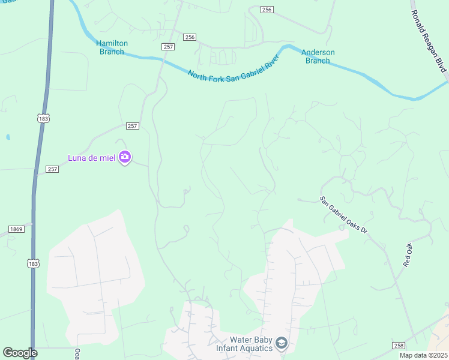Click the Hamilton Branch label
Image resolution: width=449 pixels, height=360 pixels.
coord(110,47)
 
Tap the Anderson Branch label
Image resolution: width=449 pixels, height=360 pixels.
coord(318,56)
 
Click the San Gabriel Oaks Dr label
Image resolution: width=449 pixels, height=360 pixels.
coord(343,215)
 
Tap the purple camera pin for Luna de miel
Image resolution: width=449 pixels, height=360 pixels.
coord(125,157)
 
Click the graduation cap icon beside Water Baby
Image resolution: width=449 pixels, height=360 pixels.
coord(282,344)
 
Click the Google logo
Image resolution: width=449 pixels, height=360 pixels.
coord(20,353)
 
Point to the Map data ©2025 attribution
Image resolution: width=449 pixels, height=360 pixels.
coord(424,355)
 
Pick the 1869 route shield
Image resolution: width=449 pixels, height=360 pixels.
coord(16,229)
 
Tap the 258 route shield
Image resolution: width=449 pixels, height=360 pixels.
coord(398,346)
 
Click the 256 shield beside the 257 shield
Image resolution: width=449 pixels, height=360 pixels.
coord(190,37)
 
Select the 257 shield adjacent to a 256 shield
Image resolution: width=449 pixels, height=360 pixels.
coord(168,46)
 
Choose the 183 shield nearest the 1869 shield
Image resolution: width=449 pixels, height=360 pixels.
coord(33,263)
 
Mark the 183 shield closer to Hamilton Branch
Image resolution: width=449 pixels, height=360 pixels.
coord(43,119)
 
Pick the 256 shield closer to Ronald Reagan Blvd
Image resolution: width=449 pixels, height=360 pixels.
coord(267,10)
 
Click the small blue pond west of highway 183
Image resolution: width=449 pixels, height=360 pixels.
coord(8,137)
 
